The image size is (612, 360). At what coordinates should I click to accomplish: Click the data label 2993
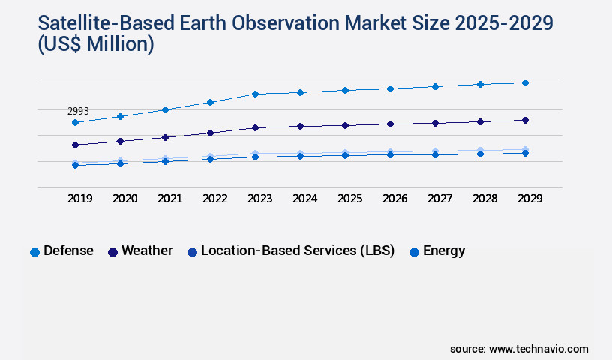pos(78,111)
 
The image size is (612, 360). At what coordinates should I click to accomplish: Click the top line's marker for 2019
pos(75,122)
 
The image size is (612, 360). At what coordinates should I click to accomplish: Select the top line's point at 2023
pos(255,94)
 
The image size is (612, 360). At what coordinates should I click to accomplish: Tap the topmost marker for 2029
pos(525,82)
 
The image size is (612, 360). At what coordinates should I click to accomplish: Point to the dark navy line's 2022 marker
pos(210,133)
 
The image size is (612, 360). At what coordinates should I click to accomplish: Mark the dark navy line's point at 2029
pos(525,120)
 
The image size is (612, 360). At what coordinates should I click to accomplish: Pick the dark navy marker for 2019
pos(75,145)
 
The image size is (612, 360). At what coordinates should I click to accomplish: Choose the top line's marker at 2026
pos(390,88)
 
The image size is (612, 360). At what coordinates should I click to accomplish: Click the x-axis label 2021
pos(169,199)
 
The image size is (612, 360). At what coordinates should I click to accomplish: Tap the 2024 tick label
pos(304,199)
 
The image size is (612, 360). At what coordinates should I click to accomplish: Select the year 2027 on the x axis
pos(439,199)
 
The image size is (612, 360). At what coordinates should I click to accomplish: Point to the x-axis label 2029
pos(529,199)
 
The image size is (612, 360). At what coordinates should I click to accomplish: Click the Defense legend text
pos(68,250)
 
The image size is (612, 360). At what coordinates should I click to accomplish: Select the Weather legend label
pos(147,250)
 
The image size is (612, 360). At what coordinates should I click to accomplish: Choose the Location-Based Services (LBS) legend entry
pos(297,250)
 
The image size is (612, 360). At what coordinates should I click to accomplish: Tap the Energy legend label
pos(444,250)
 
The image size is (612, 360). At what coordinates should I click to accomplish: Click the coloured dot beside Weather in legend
pos(112,252)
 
